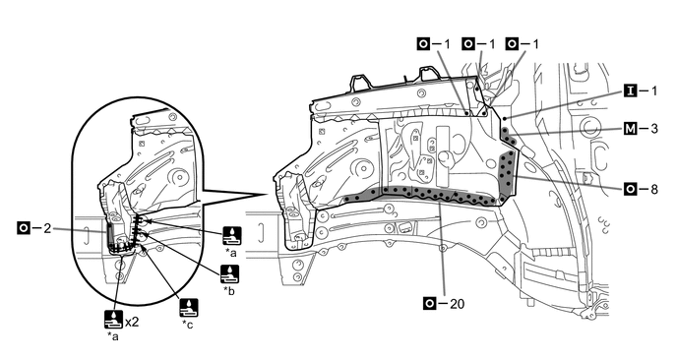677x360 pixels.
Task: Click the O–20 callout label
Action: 444,304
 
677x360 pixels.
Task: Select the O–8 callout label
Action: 641,189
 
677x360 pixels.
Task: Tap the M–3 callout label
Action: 641,128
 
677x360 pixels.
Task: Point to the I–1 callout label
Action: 641,90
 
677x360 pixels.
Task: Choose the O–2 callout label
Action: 34,227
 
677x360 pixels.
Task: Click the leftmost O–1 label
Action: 434,43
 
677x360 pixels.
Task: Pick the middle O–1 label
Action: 478,43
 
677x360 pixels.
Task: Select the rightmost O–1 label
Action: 523,43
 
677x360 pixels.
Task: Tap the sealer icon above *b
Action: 229,274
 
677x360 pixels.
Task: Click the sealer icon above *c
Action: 189,308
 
